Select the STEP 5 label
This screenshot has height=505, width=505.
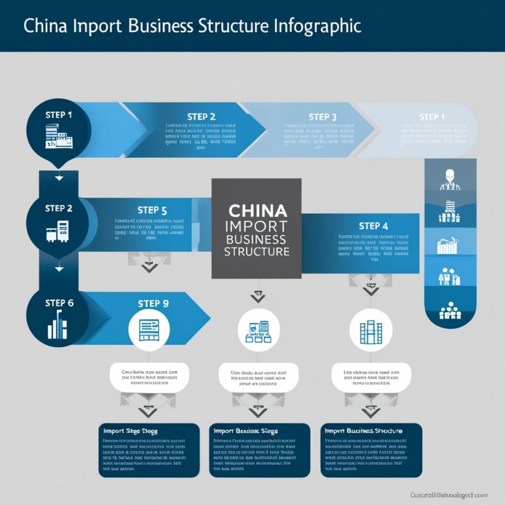click(152, 210)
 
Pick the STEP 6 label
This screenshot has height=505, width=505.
click(59, 303)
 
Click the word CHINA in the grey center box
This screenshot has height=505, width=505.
click(257, 211)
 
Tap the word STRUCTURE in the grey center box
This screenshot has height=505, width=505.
click(257, 251)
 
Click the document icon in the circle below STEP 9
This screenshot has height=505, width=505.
click(148, 330)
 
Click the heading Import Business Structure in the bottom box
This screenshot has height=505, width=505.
click(363, 431)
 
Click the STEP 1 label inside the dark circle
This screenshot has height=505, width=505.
click(59, 114)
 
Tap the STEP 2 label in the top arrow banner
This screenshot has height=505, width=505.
click(201, 117)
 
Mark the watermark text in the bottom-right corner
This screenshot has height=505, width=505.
click(448, 495)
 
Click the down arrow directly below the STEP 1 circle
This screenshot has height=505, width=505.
click(59, 178)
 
